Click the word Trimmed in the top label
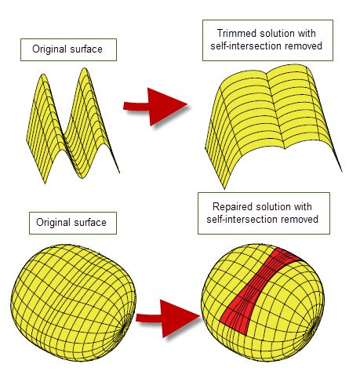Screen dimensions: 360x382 coord(237,34)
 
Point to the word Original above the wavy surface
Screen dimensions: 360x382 coord(49,49)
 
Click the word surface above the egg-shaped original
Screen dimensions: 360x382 coord(90,223)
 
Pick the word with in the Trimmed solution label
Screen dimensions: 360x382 coord(307,34)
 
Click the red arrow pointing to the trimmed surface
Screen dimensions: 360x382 coord(155,107)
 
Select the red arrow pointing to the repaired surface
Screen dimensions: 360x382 coord(168,318)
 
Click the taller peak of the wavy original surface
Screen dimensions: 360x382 coord(84,69)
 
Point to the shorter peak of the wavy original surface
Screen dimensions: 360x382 coord(43,75)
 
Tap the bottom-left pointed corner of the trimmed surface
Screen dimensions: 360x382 coord(224,188)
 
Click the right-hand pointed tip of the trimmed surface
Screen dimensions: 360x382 coord(342,171)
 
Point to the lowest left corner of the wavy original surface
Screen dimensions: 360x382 coord(45,184)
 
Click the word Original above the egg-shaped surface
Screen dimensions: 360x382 coord(53,223)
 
